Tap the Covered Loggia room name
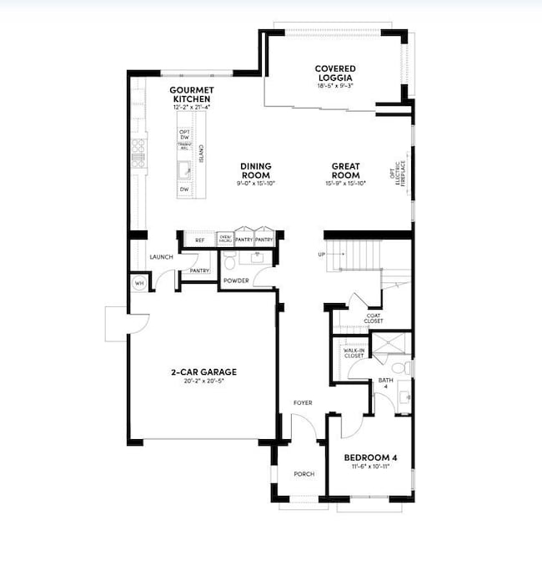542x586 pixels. coord(335,73)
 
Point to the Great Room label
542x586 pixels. coord(345,170)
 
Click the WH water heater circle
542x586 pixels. coord(138,284)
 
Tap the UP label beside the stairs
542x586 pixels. coord(320,255)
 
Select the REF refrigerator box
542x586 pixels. coord(199,240)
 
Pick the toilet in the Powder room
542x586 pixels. coord(231,262)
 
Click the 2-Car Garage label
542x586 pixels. coord(203,372)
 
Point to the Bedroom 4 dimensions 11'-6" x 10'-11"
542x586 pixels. coord(368,467)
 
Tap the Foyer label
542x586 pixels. coord(302,403)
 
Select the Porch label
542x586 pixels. coord(304,474)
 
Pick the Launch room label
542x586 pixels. coord(161,257)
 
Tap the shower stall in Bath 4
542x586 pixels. coord(389,344)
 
